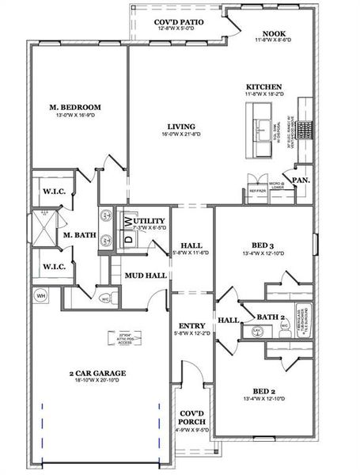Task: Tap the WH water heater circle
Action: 39,296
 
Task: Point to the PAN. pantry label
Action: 300,180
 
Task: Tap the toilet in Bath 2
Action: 284,325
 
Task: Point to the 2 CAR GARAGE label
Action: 98,372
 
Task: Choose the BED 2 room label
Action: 264,391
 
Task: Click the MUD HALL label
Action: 146,275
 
